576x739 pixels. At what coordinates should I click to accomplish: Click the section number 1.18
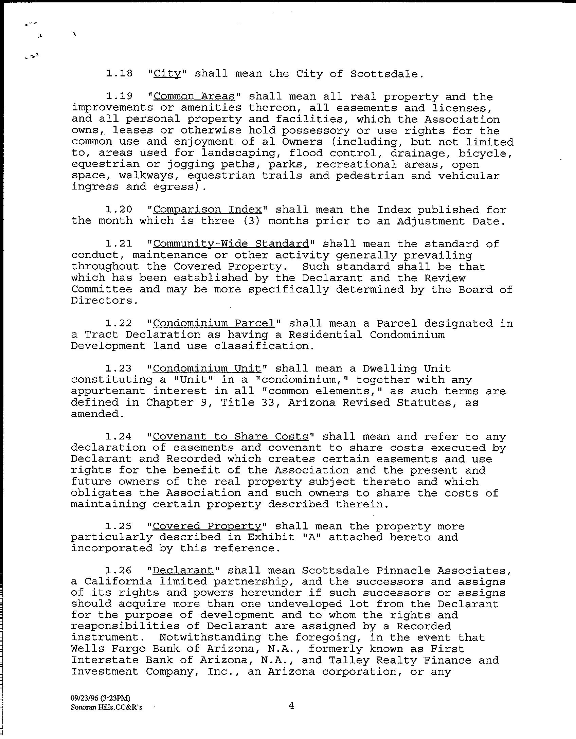119,74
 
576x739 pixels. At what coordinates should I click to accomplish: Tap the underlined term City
167,74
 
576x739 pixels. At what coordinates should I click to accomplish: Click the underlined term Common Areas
194,97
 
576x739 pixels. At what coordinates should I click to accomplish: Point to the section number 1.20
119,210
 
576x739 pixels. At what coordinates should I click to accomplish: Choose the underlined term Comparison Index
208,210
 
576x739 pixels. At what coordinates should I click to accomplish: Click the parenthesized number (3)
251,221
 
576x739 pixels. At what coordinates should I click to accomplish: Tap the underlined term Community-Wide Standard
231,244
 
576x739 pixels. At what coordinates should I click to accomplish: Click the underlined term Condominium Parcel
214,323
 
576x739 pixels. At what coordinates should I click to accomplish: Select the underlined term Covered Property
207,526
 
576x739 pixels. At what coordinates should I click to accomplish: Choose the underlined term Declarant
183,570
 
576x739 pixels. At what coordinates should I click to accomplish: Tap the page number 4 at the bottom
291,706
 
